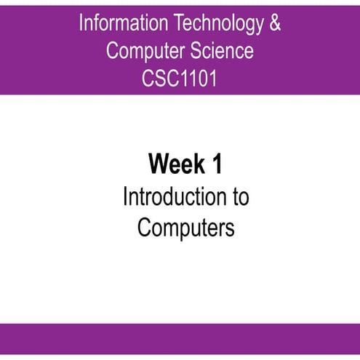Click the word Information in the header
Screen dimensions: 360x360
tap(121, 24)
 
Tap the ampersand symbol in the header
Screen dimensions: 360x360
tap(274, 24)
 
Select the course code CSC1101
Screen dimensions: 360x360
tap(180, 77)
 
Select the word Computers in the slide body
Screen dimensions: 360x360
tap(185, 228)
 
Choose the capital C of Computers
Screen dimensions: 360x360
tap(143, 228)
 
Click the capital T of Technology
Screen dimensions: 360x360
tap(176, 24)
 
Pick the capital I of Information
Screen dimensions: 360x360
tap(81, 24)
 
